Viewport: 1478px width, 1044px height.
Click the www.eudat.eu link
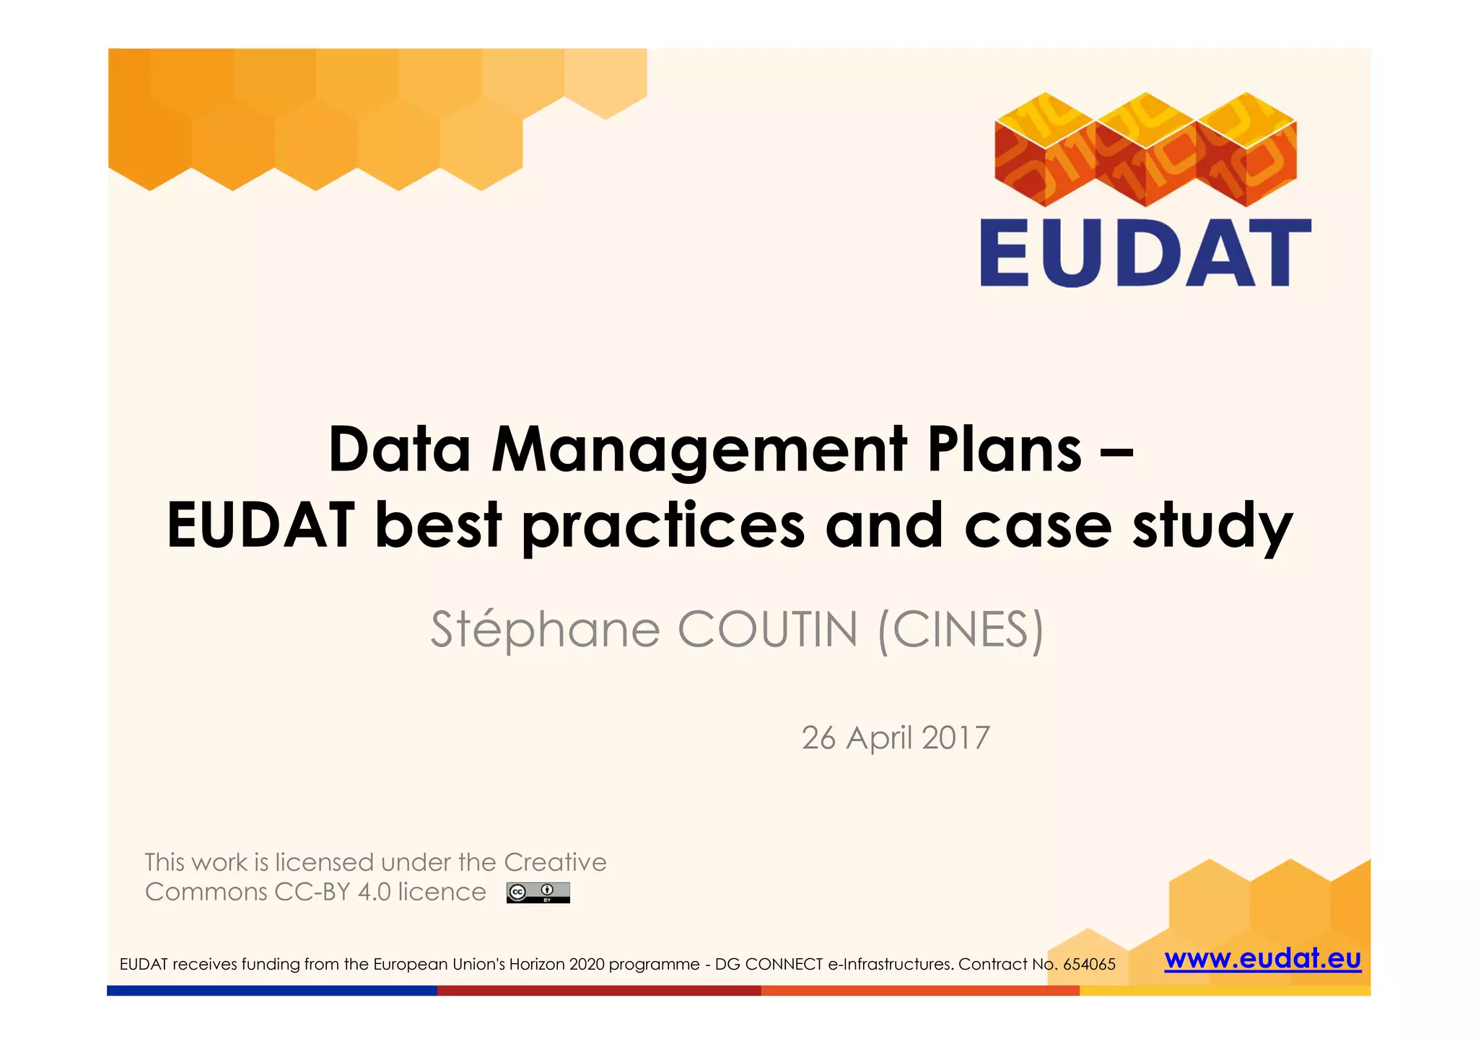pos(1262,959)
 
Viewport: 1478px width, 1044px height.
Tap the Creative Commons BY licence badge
pos(538,892)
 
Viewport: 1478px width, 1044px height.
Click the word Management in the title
pos(699,449)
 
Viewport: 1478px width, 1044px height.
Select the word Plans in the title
pos(1005,449)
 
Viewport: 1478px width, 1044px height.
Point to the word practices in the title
pos(663,525)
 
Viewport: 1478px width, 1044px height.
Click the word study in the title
pos(1212,525)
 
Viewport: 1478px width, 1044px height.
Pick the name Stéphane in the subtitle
pos(545,629)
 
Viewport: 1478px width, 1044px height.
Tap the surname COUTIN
pos(768,629)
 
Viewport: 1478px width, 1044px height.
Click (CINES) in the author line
pos(961,629)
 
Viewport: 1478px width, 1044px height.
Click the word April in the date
pos(880,737)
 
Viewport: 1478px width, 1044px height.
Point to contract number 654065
pos(1089,965)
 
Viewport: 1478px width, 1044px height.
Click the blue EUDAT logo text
pos(1145,253)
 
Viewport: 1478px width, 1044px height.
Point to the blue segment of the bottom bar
pos(271,991)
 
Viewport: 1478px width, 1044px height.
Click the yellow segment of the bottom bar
pos(1225,991)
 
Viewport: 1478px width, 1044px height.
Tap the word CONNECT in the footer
pos(784,965)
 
